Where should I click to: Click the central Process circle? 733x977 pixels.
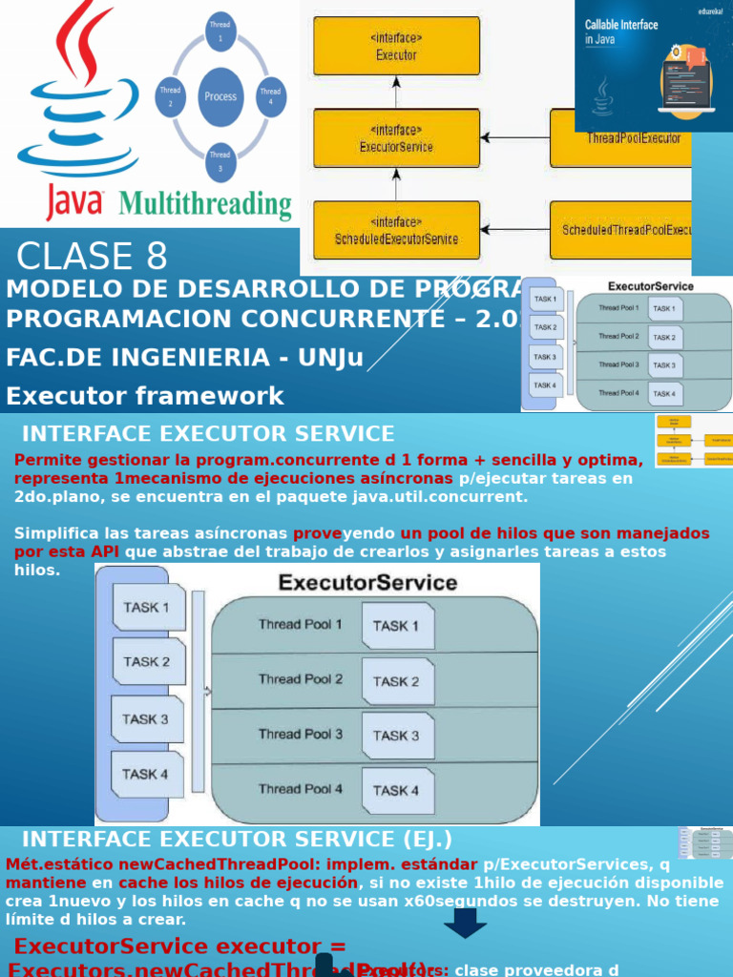(x=220, y=96)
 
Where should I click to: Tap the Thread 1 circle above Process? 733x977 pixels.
(x=220, y=31)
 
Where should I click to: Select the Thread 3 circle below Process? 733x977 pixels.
(x=220, y=161)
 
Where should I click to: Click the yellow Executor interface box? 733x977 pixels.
(x=396, y=47)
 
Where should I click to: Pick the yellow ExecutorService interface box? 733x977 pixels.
(x=396, y=138)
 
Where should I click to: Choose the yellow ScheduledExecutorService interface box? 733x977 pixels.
(x=396, y=230)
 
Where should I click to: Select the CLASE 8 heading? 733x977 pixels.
(x=93, y=257)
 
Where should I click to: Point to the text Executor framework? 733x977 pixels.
(x=145, y=396)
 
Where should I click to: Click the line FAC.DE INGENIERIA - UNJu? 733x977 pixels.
(x=184, y=358)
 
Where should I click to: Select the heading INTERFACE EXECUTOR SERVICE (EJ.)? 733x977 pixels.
(x=237, y=840)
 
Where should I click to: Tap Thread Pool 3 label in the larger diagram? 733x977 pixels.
(x=300, y=734)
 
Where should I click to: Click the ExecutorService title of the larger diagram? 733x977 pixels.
(x=367, y=582)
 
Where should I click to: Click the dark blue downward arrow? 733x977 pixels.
(x=465, y=923)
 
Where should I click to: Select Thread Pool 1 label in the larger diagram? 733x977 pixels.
(x=300, y=624)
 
